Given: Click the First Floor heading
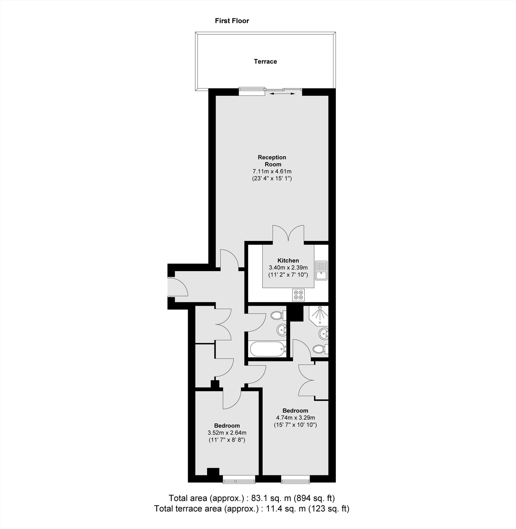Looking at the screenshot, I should (232, 21).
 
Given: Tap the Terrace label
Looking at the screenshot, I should (265, 62).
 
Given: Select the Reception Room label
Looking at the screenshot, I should (272, 161).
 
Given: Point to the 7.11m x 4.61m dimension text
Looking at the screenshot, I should (272, 171).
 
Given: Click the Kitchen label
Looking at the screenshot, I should (288, 261).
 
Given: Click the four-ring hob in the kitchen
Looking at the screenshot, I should (298, 295).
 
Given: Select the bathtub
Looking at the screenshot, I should (267, 350).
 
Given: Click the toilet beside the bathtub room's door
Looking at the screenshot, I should (277, 315).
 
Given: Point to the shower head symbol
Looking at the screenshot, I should (320, 314).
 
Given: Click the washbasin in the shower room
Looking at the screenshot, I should (323, 333).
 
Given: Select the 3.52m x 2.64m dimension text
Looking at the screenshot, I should (227, 440).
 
